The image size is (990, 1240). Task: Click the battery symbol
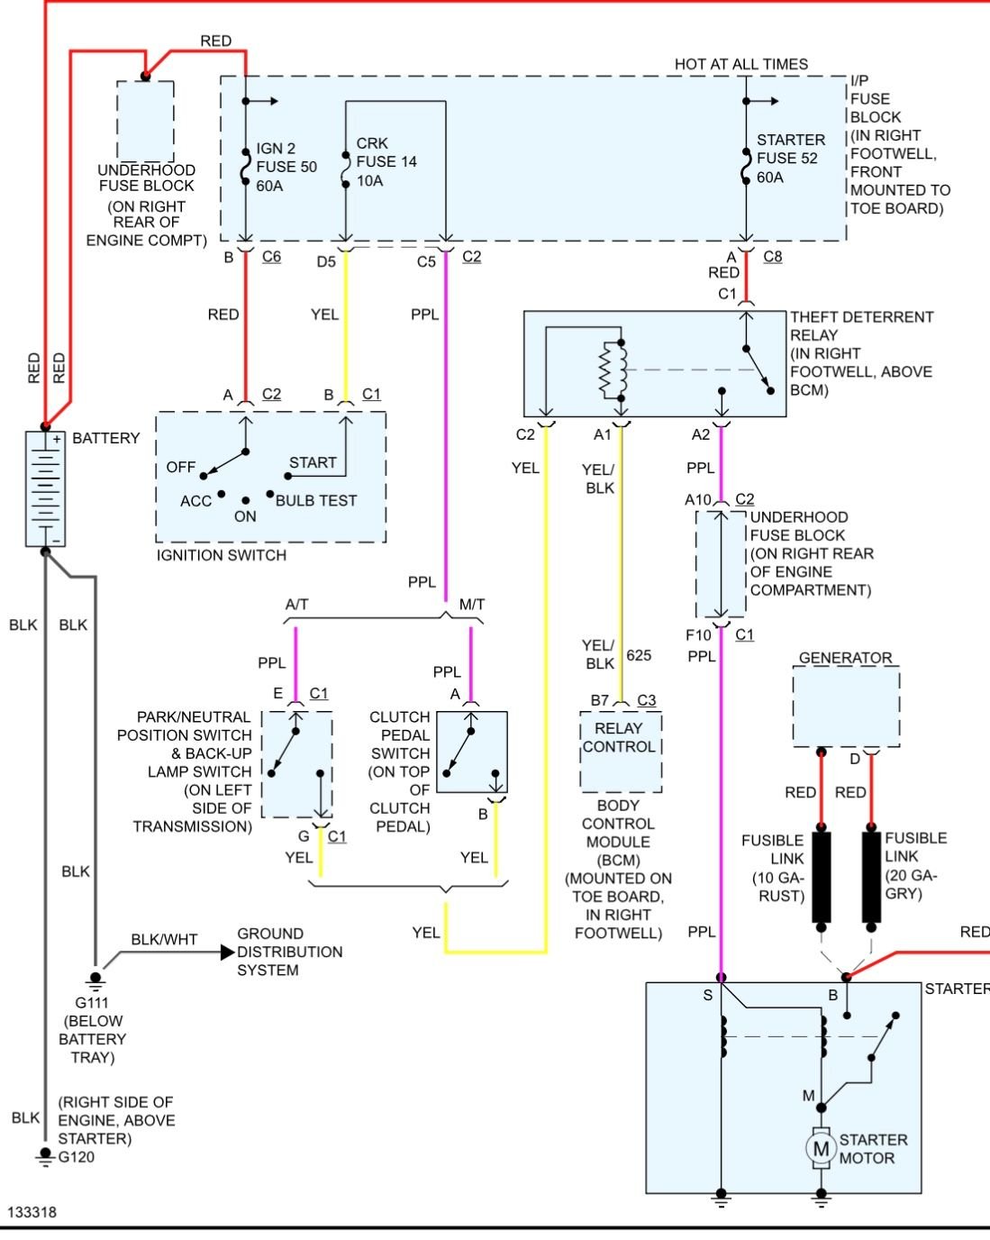(x=45, y=488)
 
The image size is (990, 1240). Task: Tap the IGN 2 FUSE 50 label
(x=286, y=167)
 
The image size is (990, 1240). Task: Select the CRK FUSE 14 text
(x=386, y=162)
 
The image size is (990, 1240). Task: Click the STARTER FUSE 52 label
(x=790, y=159)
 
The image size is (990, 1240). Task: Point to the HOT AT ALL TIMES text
(x=740, y=64)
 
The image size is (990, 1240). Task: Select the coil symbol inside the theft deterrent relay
(x=610, y=369)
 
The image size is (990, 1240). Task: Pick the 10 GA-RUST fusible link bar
(x=821, y=877)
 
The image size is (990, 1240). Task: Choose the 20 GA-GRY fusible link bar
(x=871, y=877)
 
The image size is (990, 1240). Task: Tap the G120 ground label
(x=76, y=1157)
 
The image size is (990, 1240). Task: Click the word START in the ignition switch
(x=313, y=462)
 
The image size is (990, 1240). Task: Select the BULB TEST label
(x=316, y=500)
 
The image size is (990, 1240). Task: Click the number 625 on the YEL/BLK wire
(x=639, y=655)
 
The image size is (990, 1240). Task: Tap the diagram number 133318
(x=32, y=1212)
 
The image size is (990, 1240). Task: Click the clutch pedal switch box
(x=471, y=752)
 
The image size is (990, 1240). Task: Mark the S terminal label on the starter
(x=708, y=995)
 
